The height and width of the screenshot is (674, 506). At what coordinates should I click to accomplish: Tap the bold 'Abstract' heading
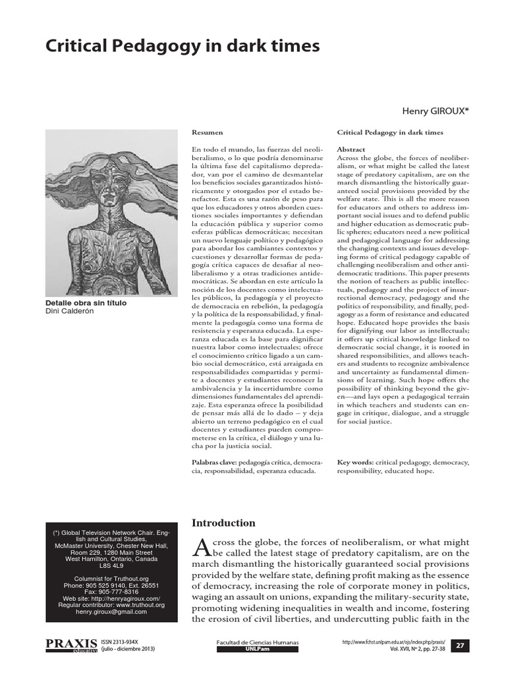click(x=351, y=150)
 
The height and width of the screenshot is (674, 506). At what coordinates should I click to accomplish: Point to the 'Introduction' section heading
click(x=223, y=523)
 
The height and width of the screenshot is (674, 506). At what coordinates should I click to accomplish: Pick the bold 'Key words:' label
click(x=356, y=463)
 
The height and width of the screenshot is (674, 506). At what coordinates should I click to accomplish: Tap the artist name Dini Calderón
click(x=70, y=311)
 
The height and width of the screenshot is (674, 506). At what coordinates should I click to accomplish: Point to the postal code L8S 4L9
click(x=111, y=565)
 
